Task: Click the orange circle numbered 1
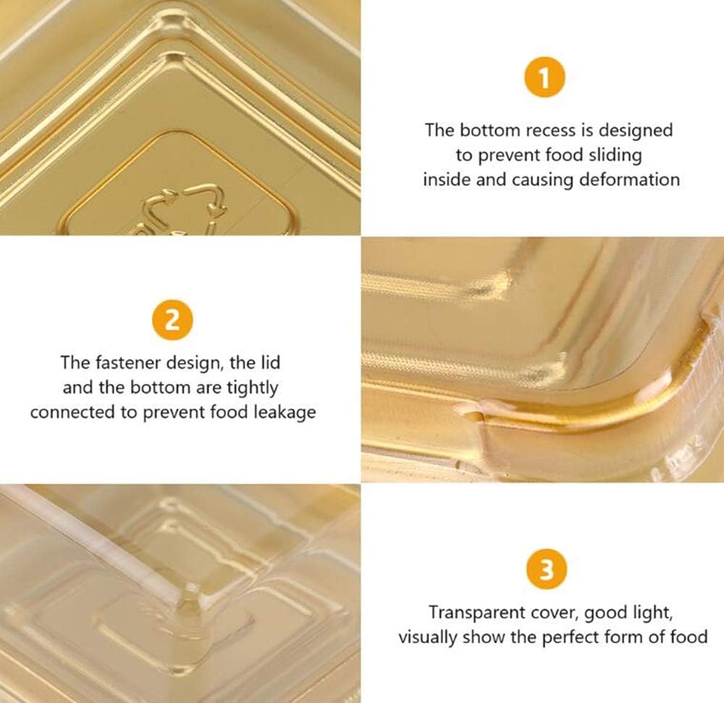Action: [x=544, y=77]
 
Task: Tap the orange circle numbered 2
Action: [x=172, y=320]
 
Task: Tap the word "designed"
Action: [x=636, y=130]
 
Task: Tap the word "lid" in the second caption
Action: [x=271, y=362]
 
